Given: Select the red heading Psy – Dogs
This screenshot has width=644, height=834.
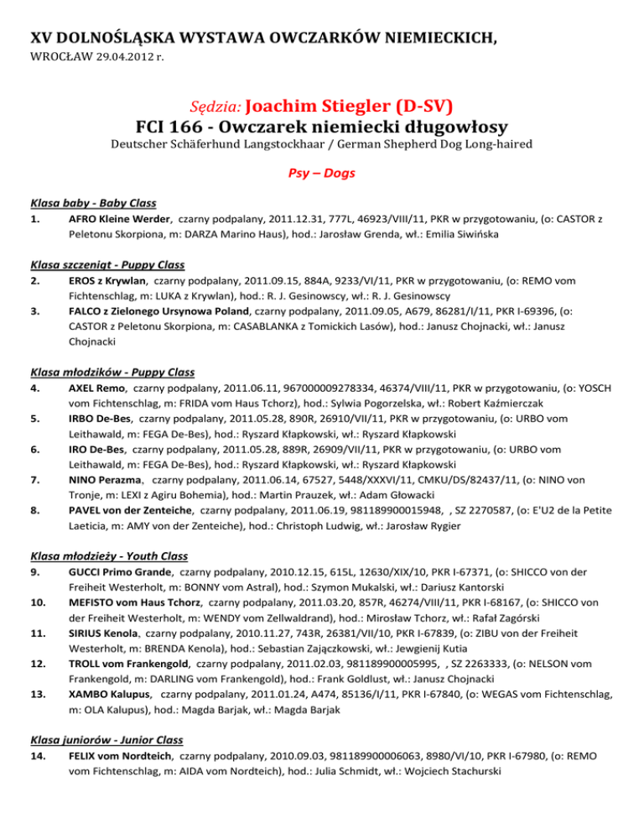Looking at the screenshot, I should click(322, 174).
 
